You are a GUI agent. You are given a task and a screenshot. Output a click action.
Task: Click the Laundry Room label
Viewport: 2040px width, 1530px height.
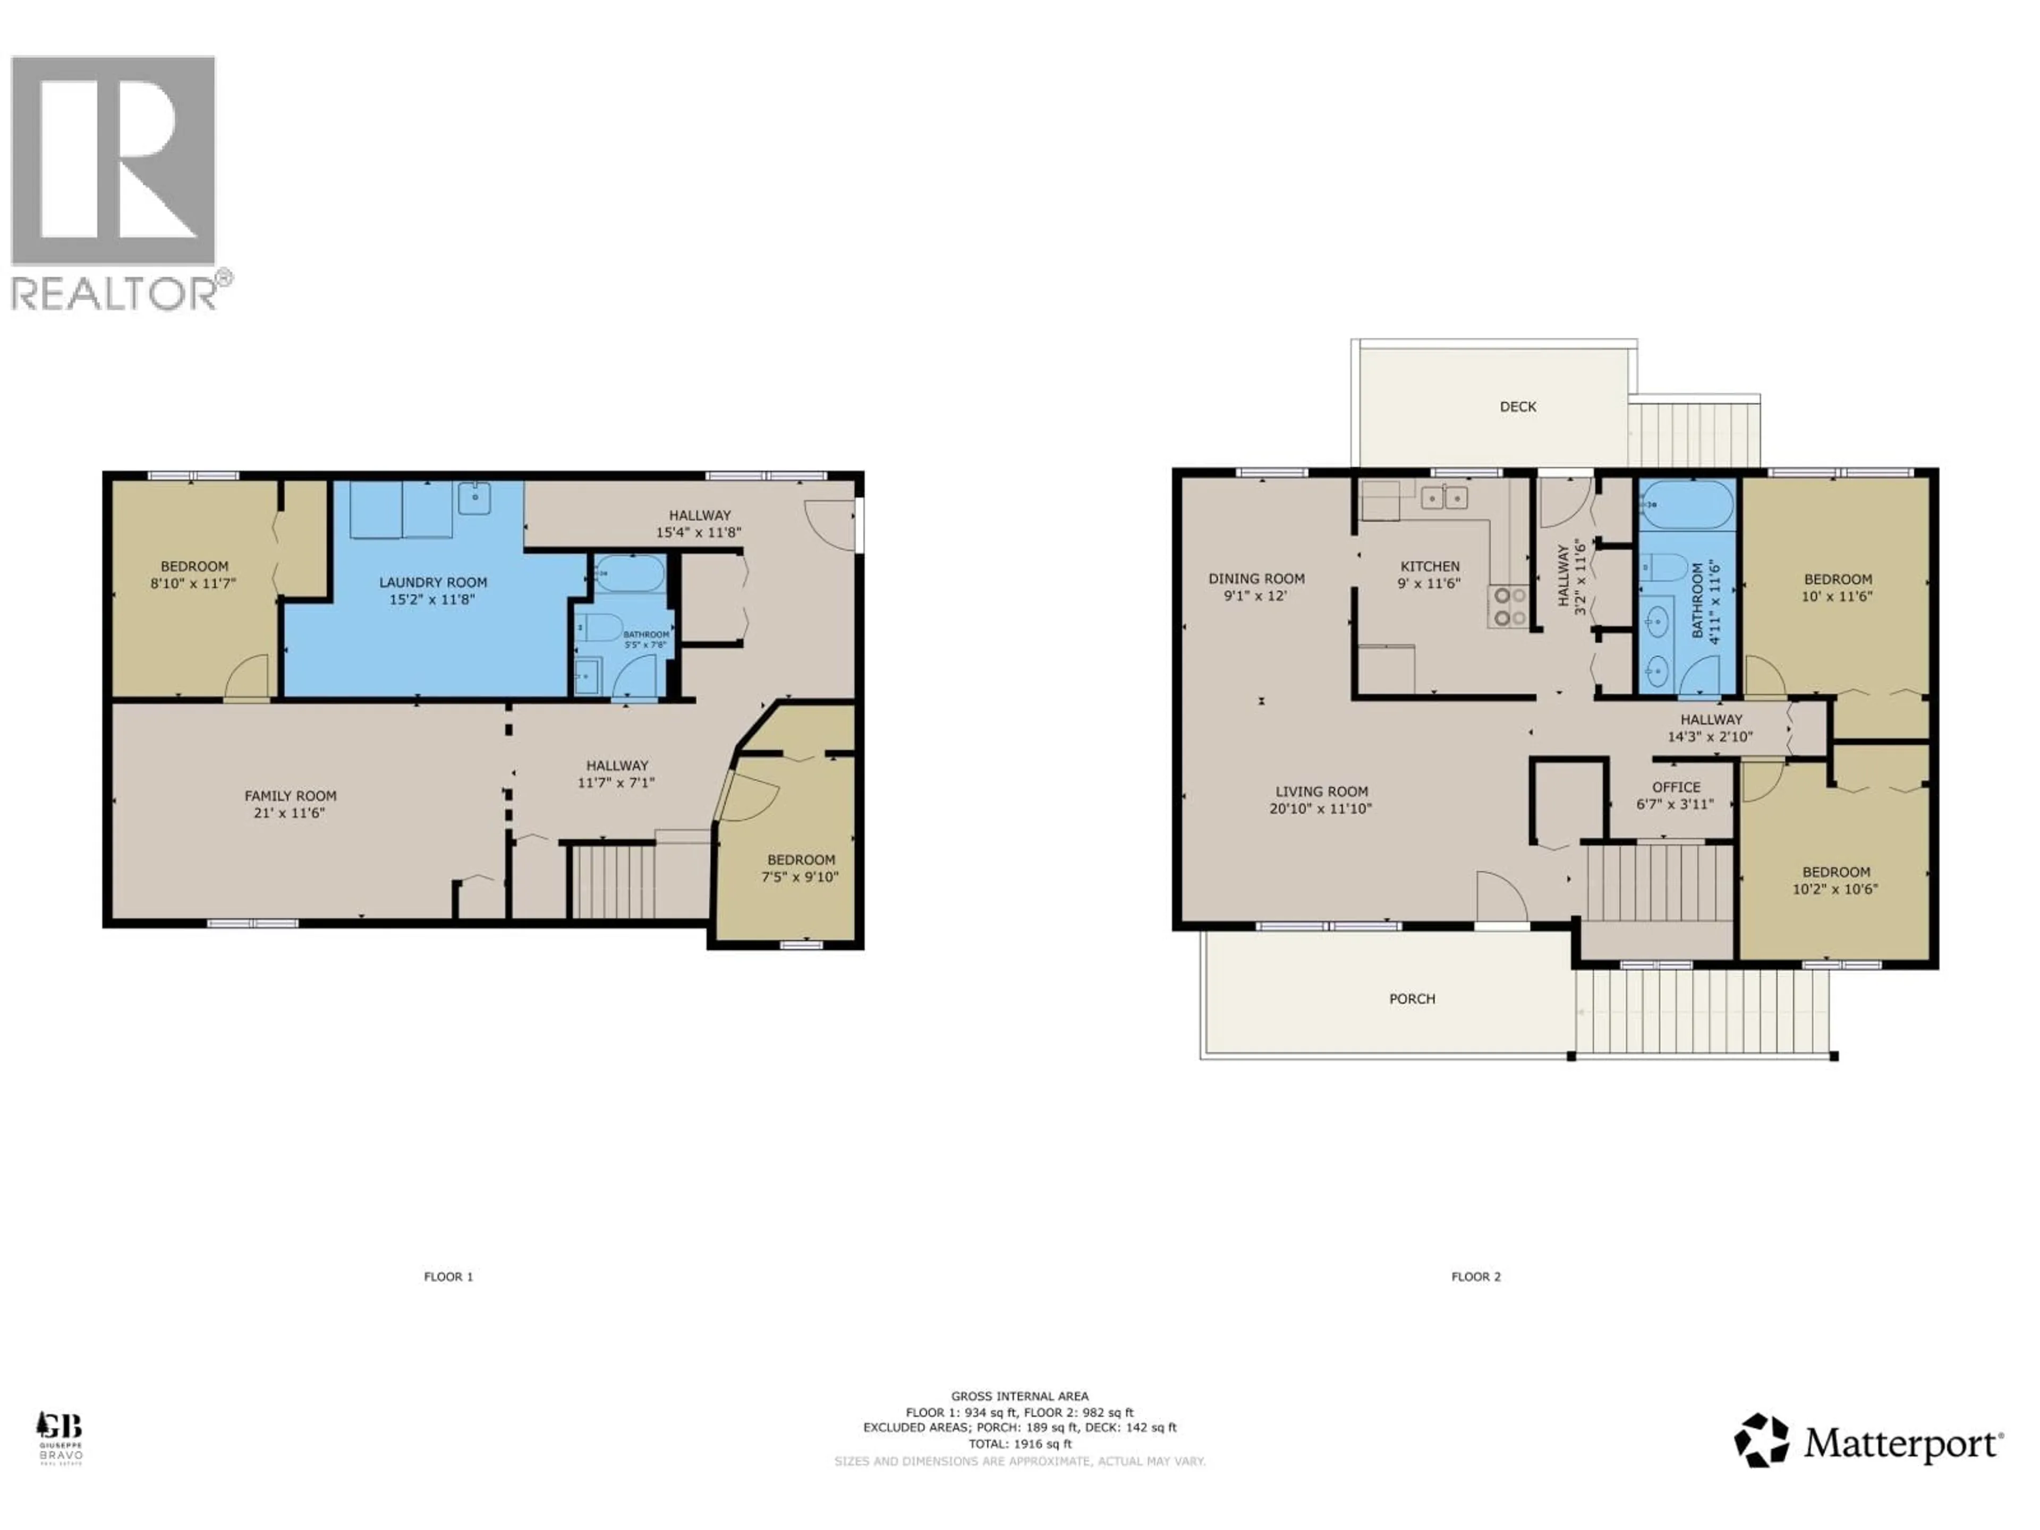[432, 582]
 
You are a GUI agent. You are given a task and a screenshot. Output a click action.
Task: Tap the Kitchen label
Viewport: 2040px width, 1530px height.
[1430, 566]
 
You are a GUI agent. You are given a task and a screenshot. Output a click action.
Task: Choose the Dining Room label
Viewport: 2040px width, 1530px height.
[1256, 578]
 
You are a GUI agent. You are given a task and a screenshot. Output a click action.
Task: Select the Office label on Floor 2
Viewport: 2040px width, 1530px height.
[1676, 787]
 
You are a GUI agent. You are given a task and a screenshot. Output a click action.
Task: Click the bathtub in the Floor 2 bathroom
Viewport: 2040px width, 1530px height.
[1685, 505]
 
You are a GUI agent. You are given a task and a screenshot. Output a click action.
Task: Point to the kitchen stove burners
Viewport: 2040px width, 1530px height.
[1508, 607]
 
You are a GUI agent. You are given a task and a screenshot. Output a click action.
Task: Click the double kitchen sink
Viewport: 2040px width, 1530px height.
[1443, 498]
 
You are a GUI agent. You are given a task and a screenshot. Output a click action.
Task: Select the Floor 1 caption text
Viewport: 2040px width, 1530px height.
[448, 1277]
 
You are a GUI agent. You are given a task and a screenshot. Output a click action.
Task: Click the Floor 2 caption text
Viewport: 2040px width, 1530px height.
[1476, 1277]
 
